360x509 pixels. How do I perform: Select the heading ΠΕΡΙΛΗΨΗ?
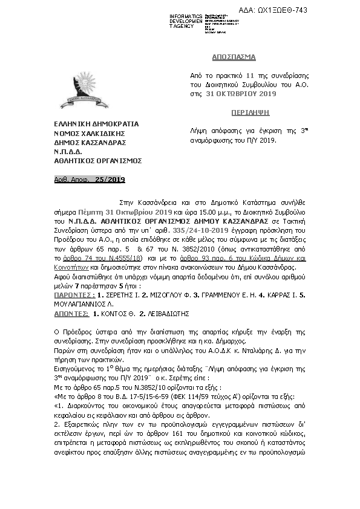[x=234, y=112]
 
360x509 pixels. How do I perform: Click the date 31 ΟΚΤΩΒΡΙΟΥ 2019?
[x=241, y=94]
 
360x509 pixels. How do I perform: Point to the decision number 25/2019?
[x=110, y=180]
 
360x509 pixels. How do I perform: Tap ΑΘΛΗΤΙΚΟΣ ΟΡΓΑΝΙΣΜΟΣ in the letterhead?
[x=97, y=161]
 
